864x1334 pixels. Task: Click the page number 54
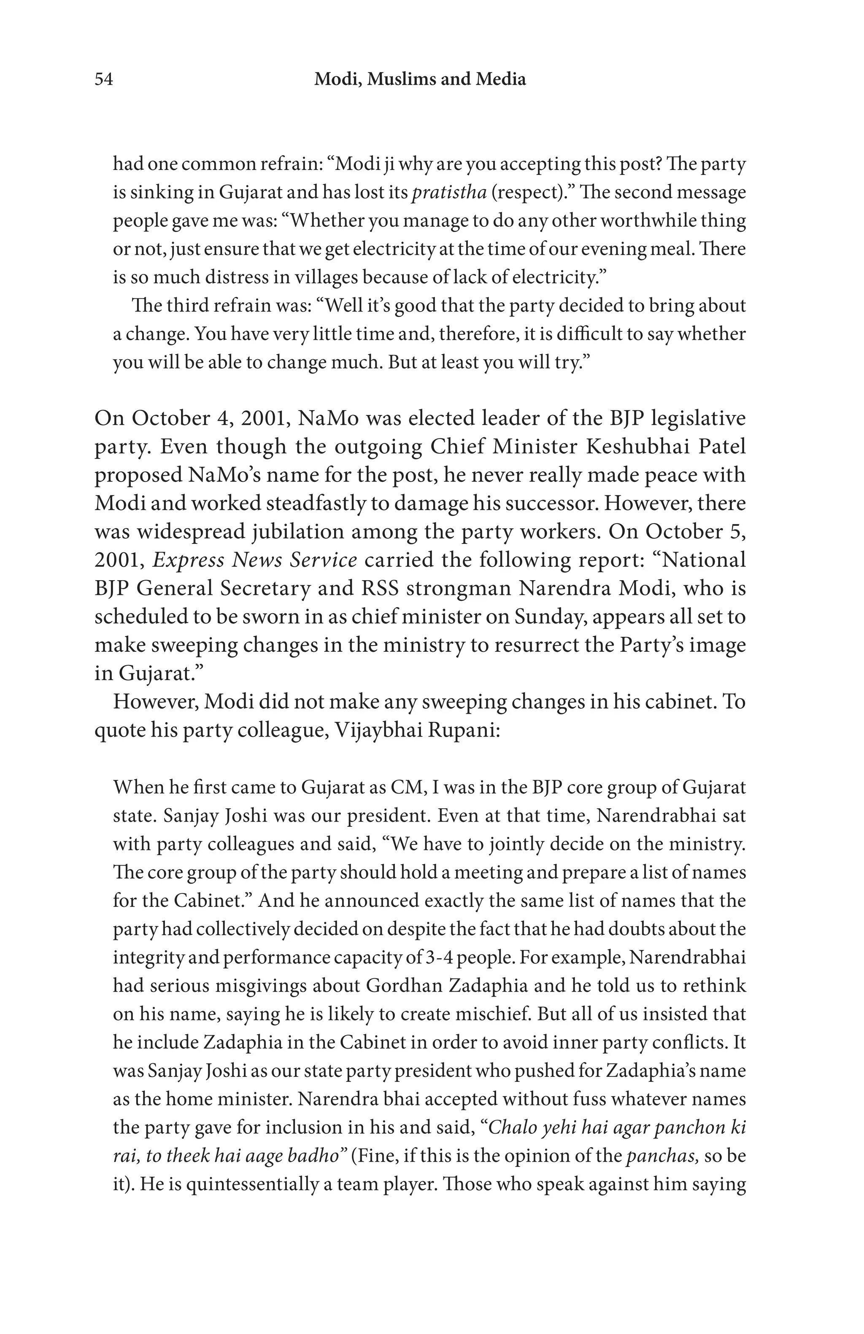point(104,80)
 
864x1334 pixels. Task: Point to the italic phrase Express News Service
point(255,560)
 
